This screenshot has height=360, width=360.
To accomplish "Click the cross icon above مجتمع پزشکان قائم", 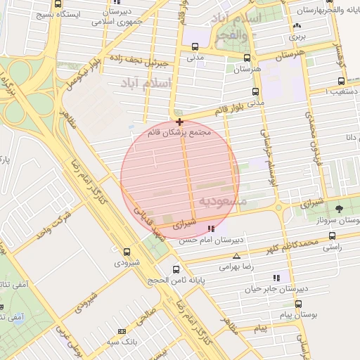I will pyautogui.click(x=179, y=122).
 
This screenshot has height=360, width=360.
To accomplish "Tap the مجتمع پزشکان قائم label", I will pyautogui.click(x=179, y=132).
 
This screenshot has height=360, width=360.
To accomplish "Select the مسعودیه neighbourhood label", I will pyautogui.click(x=223, y=202).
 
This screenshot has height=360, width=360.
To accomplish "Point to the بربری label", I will pyautogui.click(x=295, y=37).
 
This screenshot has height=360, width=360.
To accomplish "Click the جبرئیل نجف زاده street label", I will pyautogui.click(x=163, y=64).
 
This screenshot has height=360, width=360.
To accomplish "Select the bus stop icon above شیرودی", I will pyautogui.click(x=127, y=252).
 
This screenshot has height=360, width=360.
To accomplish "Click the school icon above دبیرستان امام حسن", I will pyautogui.click(x=211, y=228).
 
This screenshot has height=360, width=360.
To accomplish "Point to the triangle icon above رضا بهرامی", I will pyautogui.click(x=236, y=256).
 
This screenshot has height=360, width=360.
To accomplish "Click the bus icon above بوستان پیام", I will pyautogui.click(x=298, y=304).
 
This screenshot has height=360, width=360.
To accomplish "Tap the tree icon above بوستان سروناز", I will pyautogui.click(x=340, y=208).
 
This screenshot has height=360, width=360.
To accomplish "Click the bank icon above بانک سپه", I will pyautogui.click(x=122, y=330).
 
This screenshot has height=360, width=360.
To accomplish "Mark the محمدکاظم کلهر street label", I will pyautogui.click(x=285, y=246).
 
